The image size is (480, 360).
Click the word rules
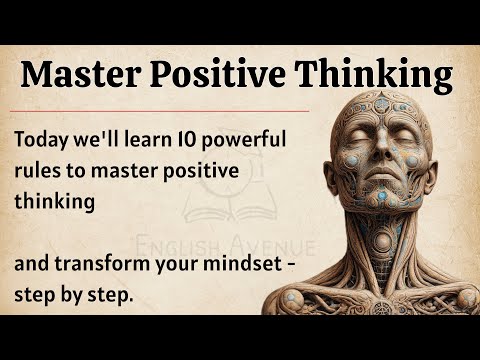(x=39, y=171)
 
